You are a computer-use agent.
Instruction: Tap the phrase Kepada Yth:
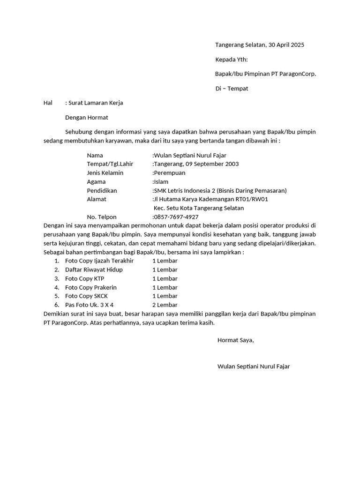(x=231, y=60)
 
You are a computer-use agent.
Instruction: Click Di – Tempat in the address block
(x=232, y=88)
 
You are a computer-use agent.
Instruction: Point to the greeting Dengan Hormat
(x=87, y=118)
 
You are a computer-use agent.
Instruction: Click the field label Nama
(x=95, y=155)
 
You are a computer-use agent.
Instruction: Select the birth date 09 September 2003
(x=212, y=164)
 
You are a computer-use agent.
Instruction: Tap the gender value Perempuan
(x=170, y=172)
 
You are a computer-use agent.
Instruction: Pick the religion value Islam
(x=161, y=181)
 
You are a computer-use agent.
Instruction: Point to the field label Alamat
(x=97, y=199)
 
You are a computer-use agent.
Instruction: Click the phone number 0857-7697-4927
(x=176, y=217)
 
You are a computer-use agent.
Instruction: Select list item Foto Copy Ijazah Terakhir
(x=99, y=261)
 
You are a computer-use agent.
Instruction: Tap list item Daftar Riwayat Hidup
(x=94, y=270)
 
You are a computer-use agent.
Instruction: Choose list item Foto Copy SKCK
(x=86, y=296)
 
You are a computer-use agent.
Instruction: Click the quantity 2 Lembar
(x=165, y=305)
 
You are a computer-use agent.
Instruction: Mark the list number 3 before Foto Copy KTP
(x=56, y=278)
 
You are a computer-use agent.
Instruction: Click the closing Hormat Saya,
(x=235, y=340)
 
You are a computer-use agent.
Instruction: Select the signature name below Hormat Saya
(x=254, y=366)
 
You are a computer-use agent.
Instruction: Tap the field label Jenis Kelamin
(x=105, y=172)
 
